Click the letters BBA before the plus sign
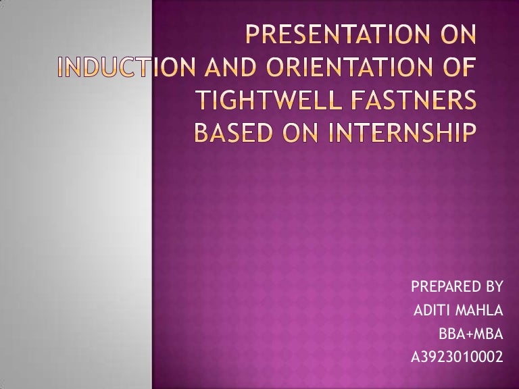(451, 333)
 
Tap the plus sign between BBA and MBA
(468, 333)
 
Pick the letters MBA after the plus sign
(489, 333)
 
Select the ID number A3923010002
(457, 357)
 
